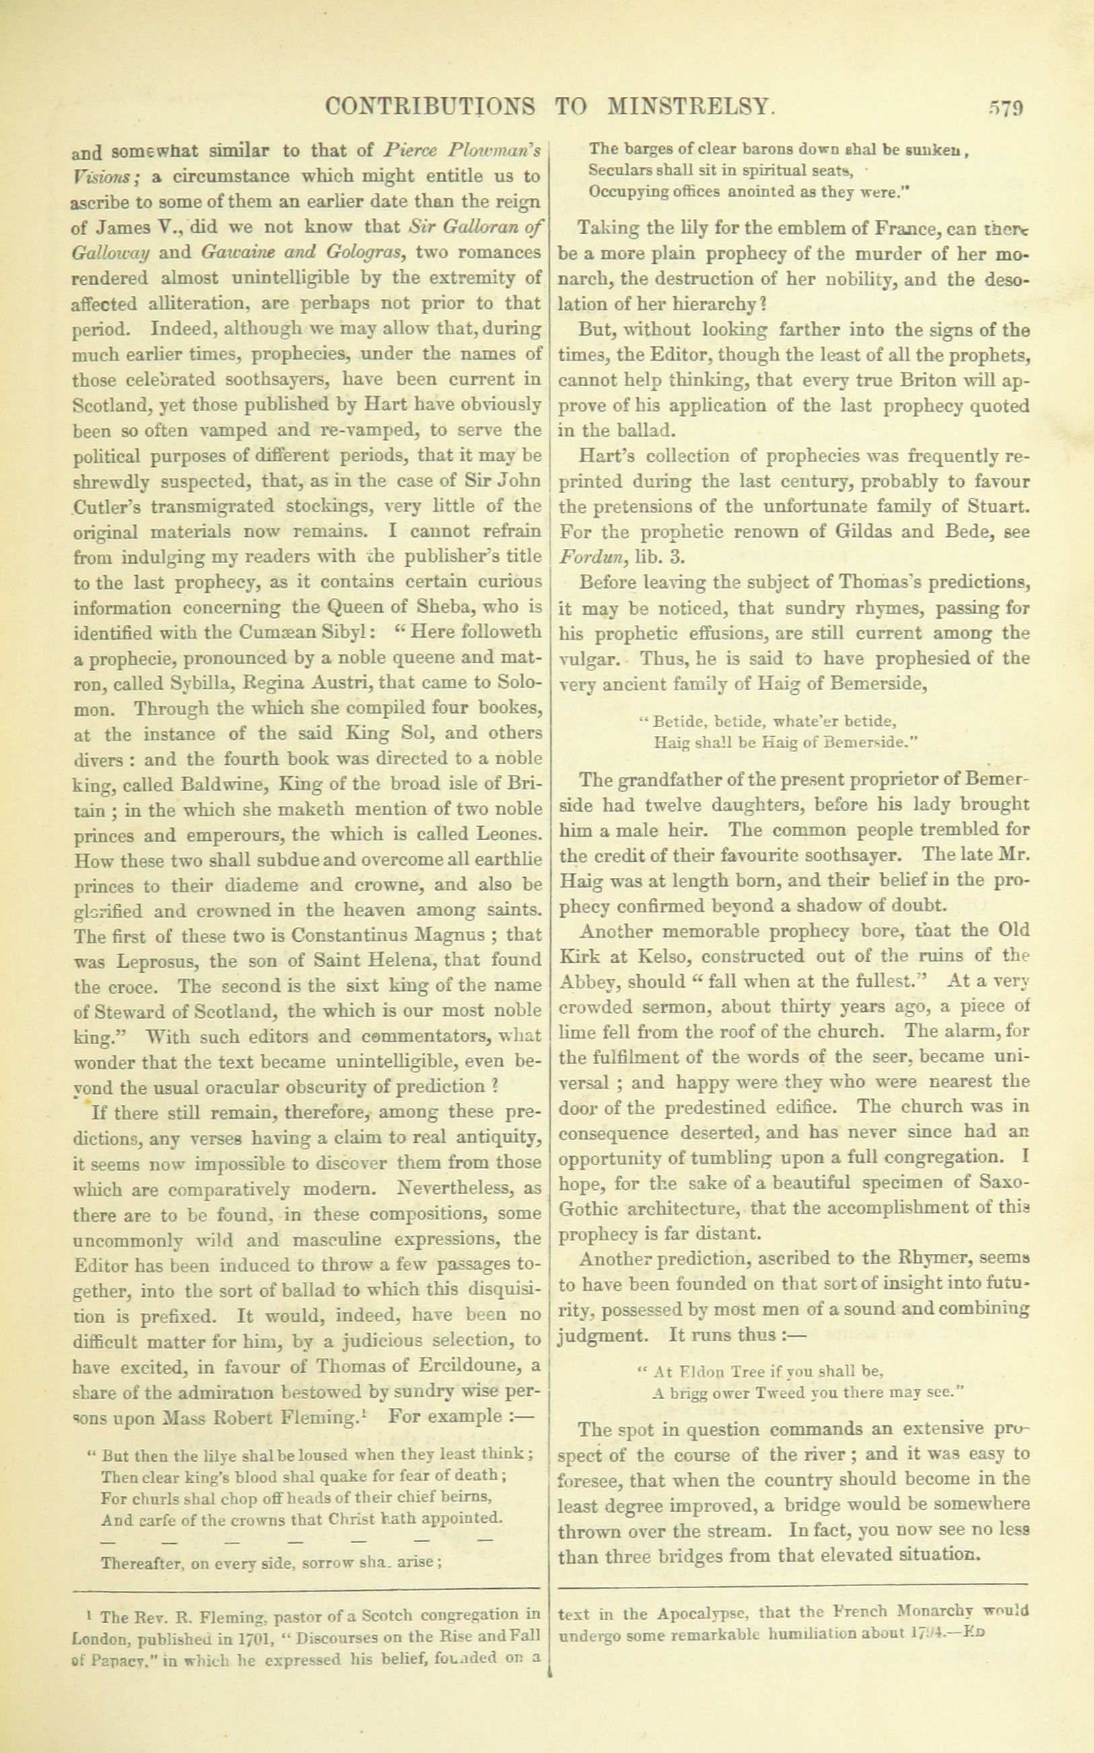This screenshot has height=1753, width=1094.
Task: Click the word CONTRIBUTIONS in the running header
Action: pyautogui.click(x=431, y=108)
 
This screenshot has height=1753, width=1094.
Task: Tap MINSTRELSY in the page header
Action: pyautogui.click(x=690, y=108)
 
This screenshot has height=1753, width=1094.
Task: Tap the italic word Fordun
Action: pyautogui.click(x=592, y=558)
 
